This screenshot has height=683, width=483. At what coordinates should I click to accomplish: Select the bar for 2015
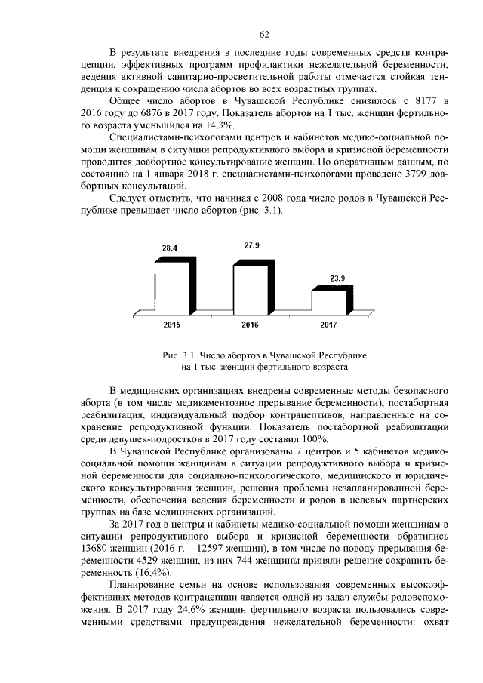pos(170,287)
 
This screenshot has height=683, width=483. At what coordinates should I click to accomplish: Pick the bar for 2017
pos(327,302)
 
